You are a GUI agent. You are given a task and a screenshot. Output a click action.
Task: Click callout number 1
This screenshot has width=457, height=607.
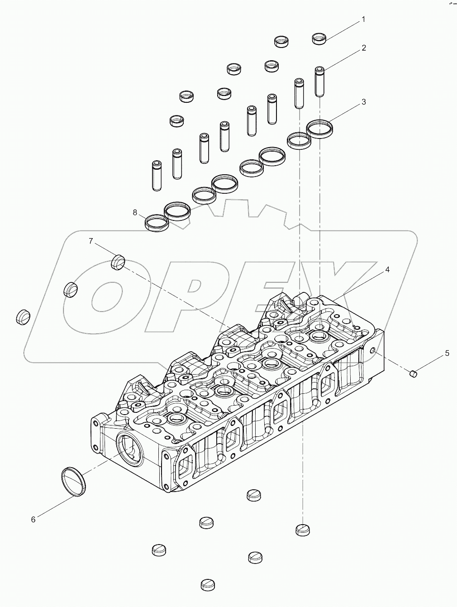[x=362, y=19]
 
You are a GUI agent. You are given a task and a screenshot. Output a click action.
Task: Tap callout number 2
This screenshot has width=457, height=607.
[x=363, y=48]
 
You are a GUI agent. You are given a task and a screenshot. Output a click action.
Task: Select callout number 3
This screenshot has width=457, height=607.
[x=363, y=102]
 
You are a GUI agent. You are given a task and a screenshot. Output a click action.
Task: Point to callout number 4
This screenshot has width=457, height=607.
[x=387, y=269]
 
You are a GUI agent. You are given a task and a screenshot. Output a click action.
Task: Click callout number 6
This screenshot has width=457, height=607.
[x=33, y=520]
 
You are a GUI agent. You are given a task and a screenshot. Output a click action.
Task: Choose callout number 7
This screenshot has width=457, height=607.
[x=90, y=241]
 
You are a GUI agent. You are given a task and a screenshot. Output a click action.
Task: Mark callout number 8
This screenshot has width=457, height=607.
[x=135, y=212]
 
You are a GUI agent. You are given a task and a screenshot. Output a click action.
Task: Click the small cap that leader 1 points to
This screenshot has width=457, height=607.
[x=319, y=38]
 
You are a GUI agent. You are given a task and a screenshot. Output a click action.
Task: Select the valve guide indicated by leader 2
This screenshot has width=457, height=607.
[x=320, y=81]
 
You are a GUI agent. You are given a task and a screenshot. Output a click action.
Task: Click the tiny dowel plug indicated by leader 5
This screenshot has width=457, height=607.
[x=413, y=373]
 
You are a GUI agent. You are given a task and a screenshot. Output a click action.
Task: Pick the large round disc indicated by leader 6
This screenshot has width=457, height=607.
[x=73, y=481]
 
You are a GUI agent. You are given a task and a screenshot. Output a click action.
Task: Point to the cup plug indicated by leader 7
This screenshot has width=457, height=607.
[x=118, y=262]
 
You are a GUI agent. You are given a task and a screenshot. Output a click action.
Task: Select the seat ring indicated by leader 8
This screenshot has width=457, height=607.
[x=156, y=222]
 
